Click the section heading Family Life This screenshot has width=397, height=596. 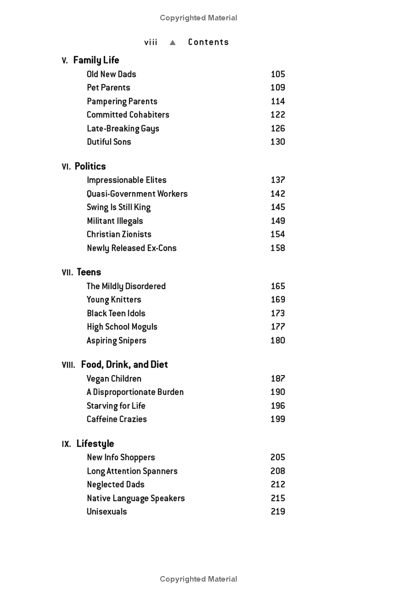tap(96, 61)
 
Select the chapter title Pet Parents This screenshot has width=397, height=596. tap(108, 87)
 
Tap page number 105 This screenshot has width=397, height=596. tap(278, 74)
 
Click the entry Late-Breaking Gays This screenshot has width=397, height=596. tap(123, 128)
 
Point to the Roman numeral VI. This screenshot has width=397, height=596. tap(66, 167)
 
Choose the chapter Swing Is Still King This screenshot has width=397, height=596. tap(119, 207)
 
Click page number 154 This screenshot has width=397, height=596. tap(278, 234)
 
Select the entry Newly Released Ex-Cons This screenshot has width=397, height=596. tap(132, 248)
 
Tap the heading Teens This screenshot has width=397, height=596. tap(89, 272)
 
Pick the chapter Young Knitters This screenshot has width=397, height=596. tap(114, 299)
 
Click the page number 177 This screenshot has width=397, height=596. tap(278, 326)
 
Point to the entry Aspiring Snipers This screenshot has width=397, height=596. tap(116, 340)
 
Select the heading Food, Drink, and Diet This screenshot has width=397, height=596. tap(125, 365)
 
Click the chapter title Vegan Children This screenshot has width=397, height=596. tap(114, 378)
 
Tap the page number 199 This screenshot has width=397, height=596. tap(278, 419)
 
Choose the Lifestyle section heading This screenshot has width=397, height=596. tap(95, 444)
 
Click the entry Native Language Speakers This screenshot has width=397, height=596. tap(135, 498)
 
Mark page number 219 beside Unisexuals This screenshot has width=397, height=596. tap(278, 511)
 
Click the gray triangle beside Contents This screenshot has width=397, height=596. tap(173, 42)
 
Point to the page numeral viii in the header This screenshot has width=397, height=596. tap(151, 42)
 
